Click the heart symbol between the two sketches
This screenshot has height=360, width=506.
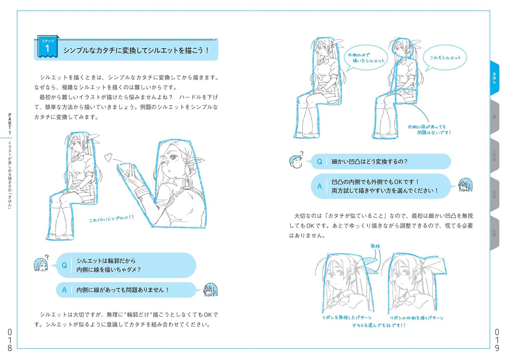click(108, 157)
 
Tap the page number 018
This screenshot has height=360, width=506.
click(10, 340)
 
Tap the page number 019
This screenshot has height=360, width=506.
click(497, 340)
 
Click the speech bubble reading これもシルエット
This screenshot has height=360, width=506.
click(445, 58)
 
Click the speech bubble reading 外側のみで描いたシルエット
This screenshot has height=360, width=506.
click(366, 58)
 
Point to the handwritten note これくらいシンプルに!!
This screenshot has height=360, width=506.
click(112, 218)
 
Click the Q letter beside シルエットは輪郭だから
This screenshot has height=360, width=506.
click(64, 265)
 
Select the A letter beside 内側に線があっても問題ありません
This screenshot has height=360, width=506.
click(64, 290)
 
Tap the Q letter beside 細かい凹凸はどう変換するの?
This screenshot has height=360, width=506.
click(319, 162)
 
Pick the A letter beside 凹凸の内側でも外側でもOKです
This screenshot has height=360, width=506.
click(319, 186)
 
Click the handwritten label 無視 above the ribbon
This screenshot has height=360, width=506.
click(375, 246)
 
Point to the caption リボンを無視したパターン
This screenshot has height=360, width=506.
click(347, 318)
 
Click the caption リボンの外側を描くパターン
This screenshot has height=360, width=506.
click(417, 318)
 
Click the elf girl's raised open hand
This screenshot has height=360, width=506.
click(128, 173)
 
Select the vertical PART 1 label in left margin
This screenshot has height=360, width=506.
click(10, 124)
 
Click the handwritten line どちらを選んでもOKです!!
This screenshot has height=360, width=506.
click(379, 325)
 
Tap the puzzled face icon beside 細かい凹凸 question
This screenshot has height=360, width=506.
click(296, 161)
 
